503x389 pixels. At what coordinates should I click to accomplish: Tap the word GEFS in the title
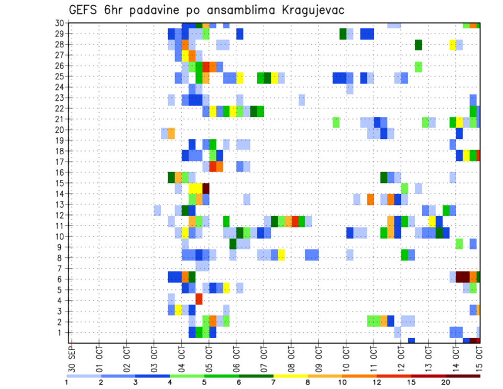[x=85, y=10]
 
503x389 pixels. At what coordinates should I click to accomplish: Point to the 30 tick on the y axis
[x=60, y=23]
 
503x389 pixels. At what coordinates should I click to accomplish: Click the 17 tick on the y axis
[x=60, y=161]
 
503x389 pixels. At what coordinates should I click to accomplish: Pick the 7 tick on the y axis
[x=62, y=268]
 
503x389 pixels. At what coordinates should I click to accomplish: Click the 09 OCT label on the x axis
[x=319, y=357]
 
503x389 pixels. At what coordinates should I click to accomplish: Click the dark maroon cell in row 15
[x=206, y=187]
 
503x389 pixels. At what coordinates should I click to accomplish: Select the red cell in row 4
[x=199, y=299]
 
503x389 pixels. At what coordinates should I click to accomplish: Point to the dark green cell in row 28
[x=418, y=45]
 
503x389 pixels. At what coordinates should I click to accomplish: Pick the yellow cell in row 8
[x=281, y=255]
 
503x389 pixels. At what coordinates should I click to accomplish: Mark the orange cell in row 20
[x=171, y=132]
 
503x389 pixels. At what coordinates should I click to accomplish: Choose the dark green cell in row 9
[x=233, y=244]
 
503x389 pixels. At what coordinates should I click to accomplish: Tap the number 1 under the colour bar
[x=67, y=382]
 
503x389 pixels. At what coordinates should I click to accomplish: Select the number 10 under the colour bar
[x=342, y=382]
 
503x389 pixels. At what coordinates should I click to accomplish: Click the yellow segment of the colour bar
[x=290, y=375]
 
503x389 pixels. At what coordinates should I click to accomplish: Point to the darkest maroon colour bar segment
[x=463, y=375]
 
